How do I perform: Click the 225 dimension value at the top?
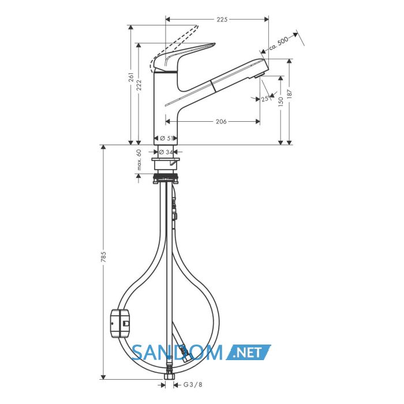coord(222,19)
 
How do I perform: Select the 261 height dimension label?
coord(131,77)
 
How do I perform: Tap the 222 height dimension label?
coord(139,85)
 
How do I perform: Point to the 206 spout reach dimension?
coord(221,121)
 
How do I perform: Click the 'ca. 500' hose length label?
coord(279,44)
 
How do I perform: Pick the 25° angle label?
coord(265,99)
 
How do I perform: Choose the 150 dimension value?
coord(281,102)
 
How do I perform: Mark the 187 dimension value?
coord(289,94)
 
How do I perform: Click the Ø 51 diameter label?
coord(166,139)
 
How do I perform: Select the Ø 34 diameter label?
coord(166,152)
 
